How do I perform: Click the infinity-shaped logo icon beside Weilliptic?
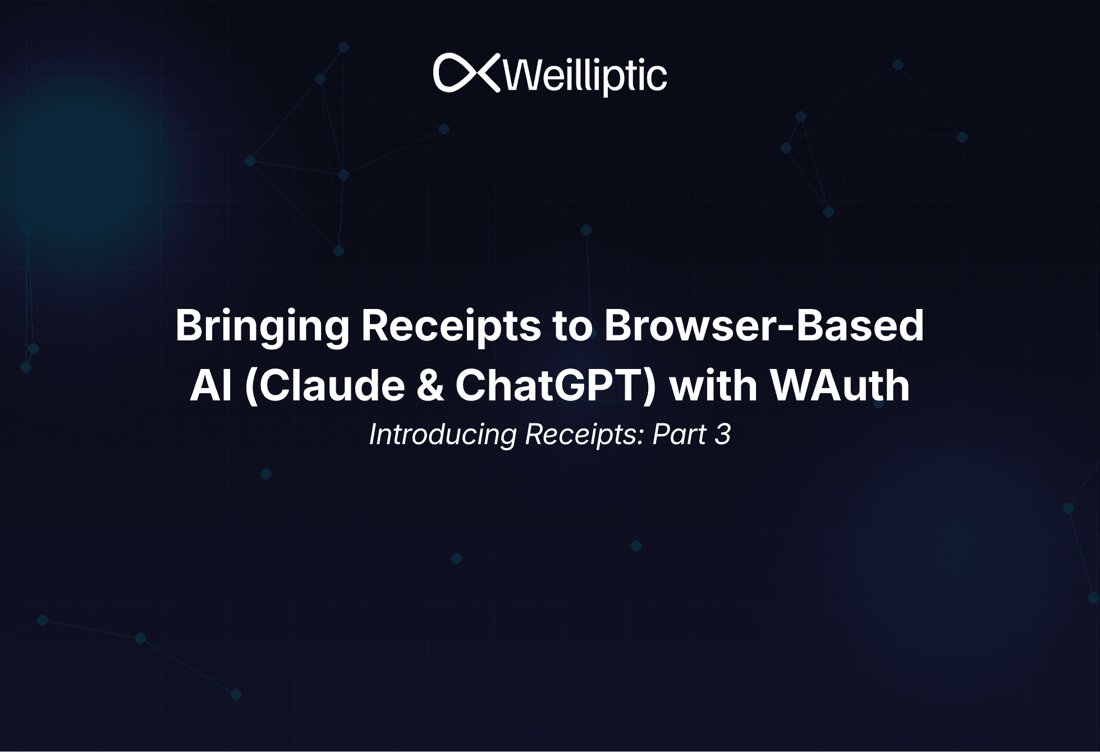pos(466,73)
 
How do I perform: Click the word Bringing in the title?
pos(262,326)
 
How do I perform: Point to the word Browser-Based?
pos(764,326)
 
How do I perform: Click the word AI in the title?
pos(211,386)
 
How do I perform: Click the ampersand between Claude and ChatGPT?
pos(430,386)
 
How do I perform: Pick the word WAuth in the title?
pos(839,386)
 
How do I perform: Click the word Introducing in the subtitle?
pos(443,435)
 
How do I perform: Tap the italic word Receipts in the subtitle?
pos(581,435)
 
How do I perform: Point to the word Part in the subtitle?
pos(679,435)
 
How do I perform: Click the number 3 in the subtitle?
pos(723,435)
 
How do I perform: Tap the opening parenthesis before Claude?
pos(251,386)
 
